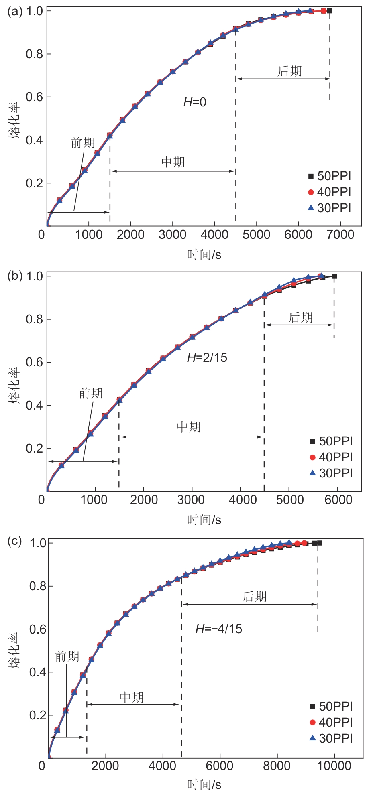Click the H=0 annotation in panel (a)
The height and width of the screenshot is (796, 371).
195,102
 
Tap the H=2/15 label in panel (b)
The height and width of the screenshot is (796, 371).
207,357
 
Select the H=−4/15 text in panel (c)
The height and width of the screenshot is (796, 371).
219,629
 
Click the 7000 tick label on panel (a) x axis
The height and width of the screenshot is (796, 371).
340,235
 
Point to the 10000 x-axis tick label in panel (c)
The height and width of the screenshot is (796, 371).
334,766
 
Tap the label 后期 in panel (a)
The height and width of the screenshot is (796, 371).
289,71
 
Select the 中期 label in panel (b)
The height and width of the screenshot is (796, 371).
189,427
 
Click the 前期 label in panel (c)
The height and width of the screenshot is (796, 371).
67,656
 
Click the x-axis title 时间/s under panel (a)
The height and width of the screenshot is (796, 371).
204,254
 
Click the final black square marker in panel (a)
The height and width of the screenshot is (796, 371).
330,11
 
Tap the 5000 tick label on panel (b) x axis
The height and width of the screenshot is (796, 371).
290,500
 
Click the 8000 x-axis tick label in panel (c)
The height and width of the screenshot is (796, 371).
277,766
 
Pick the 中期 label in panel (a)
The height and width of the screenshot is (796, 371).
173,162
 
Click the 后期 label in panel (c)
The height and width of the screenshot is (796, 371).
255,597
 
